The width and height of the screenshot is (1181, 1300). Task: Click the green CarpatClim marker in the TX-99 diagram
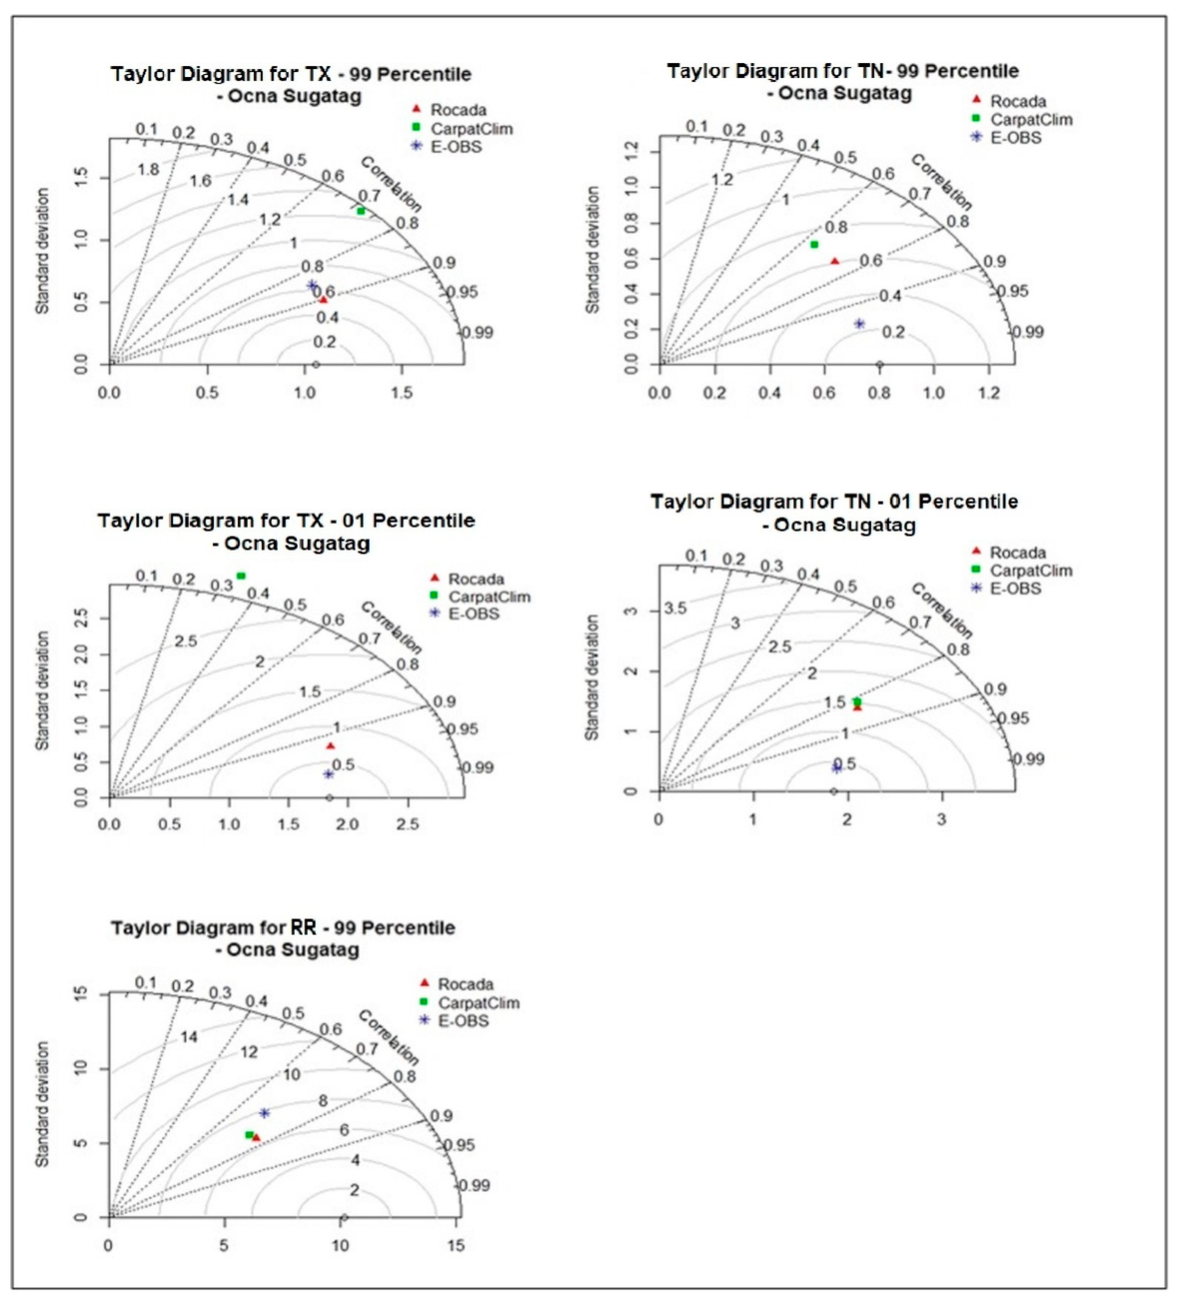[x=361, y=211]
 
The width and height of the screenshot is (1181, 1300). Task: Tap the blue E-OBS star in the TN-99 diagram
[x=859, y=324]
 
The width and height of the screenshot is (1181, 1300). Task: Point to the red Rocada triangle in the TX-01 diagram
[x=331, y=746]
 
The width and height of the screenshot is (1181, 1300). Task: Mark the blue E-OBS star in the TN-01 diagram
[x=837, y=768]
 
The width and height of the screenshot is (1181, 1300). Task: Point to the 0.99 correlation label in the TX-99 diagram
[x=478, y=333]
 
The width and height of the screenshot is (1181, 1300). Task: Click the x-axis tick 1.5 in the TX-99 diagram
[x=402, y=393]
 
